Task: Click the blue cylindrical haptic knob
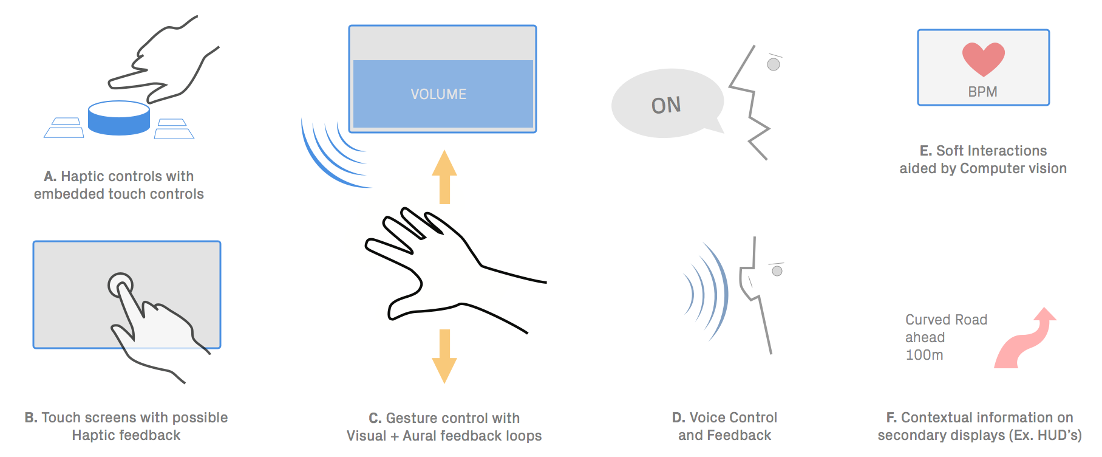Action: coord(119,119)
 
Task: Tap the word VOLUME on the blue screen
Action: coord(438,94)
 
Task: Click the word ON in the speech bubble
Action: coord(666,106)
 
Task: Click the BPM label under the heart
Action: coord(982,92)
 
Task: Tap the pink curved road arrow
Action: coord(1026,340)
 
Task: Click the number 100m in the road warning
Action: coord(924,355)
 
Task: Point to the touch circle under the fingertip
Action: coord(120,284)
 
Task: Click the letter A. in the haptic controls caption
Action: coord(50,176)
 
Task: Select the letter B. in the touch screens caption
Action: coord(31,417)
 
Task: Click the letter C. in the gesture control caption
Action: coord(375,418)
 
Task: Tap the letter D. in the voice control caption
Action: coord(679,417)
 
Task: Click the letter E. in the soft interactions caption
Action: coord(925,151)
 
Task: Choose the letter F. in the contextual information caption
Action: coord(891,417)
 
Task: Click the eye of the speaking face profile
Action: coord(774,64)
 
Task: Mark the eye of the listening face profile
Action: coord(777,271)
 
